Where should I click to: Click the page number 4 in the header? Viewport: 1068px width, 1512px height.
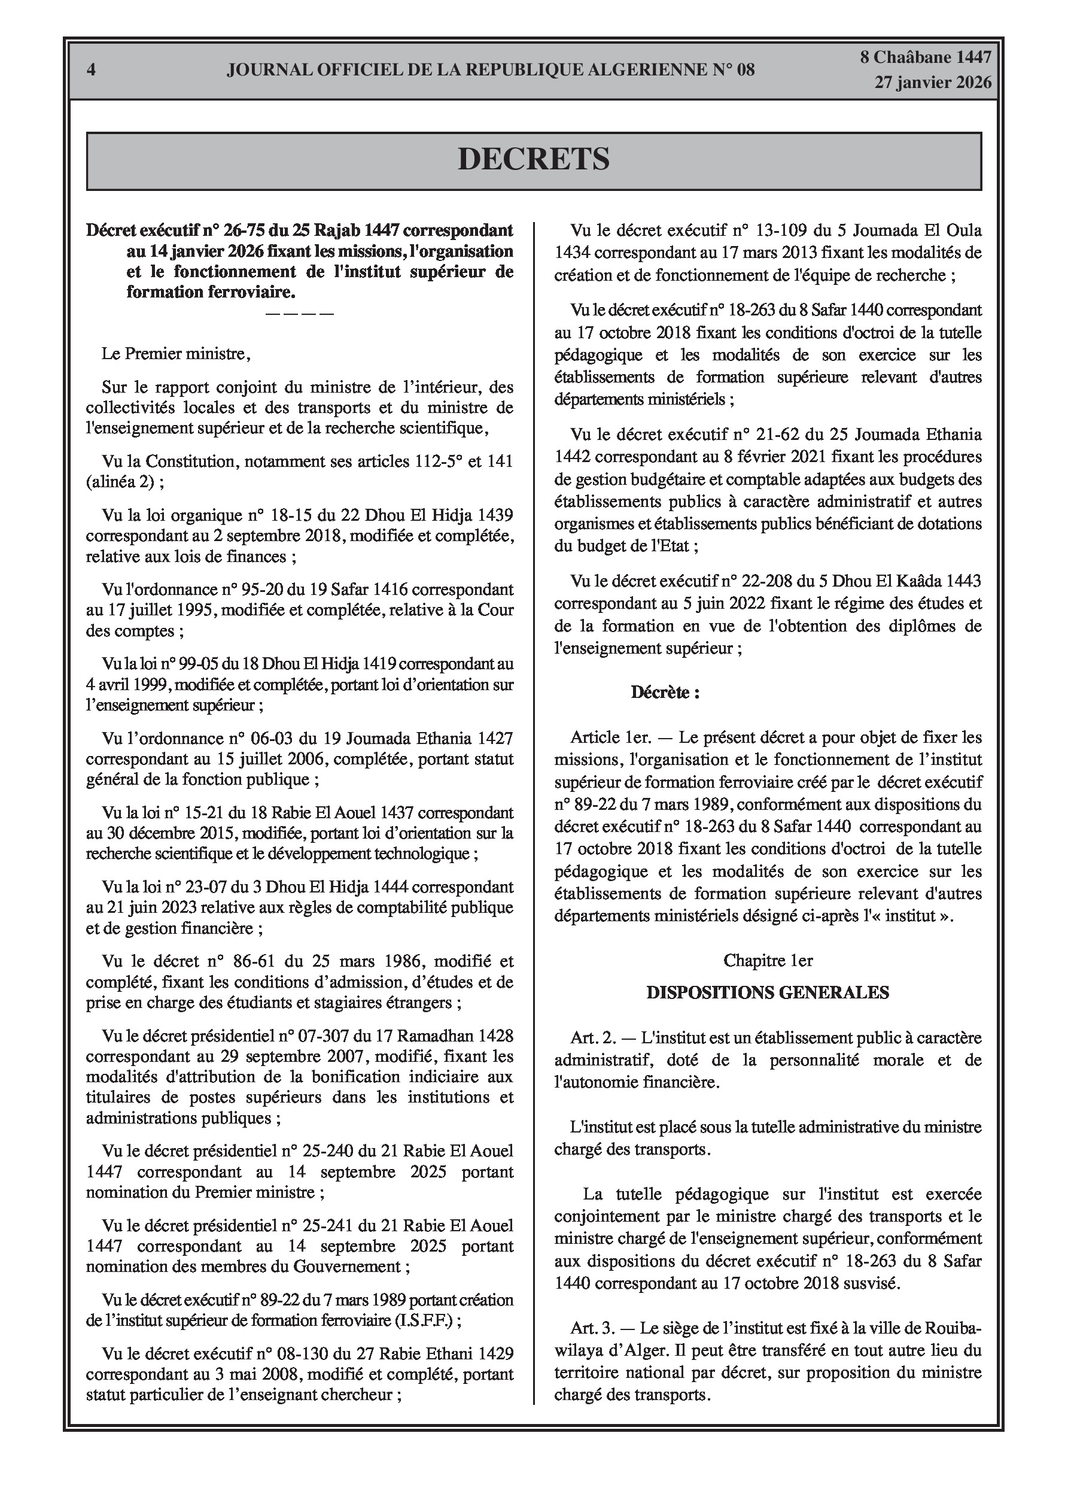[x=92, y=70]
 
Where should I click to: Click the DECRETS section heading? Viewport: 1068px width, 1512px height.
[x=533, y=160]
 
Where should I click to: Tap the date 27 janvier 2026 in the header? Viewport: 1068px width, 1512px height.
[x=932, y=83]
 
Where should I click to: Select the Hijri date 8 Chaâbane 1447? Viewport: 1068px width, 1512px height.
[x=926, y=57]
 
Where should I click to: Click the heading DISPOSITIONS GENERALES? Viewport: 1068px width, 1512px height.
[x=768, y=992]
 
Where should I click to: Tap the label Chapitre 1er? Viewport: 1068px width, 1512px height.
[x=768, y=961]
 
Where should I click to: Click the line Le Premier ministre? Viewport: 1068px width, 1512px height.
[x=176, y=354]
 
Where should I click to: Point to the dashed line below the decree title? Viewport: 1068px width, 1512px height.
[x=300, y=314]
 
